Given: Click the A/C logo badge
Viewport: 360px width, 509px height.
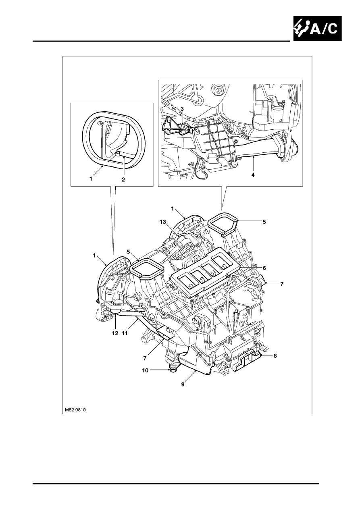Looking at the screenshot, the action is pos(317,28).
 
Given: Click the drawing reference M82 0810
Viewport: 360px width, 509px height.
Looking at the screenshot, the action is pos(75,410).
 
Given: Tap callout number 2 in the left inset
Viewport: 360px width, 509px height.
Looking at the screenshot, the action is pos(123,179).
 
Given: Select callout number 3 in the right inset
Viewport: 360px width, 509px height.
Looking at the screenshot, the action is pos(182,109).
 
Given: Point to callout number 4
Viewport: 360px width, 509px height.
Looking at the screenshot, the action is pos(253,175).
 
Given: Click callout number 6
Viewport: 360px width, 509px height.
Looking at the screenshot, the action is pos(264,268).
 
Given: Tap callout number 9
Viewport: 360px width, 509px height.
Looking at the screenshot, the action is pos(183,384).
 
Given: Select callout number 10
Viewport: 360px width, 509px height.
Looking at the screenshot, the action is pos(145,371).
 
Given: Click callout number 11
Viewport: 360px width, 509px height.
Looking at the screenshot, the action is pos(125,333).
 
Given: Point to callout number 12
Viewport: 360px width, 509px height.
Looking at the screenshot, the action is pos(115,333).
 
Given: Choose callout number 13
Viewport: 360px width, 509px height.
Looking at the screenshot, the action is pos(163,222).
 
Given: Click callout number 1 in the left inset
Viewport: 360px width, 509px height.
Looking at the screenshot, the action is pos(91,179).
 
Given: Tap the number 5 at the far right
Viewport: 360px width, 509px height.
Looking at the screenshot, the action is pos(264,222).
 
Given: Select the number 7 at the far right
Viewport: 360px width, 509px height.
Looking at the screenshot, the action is pos(282,284).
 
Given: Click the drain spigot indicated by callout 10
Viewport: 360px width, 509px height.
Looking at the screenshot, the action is pos(173,370).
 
